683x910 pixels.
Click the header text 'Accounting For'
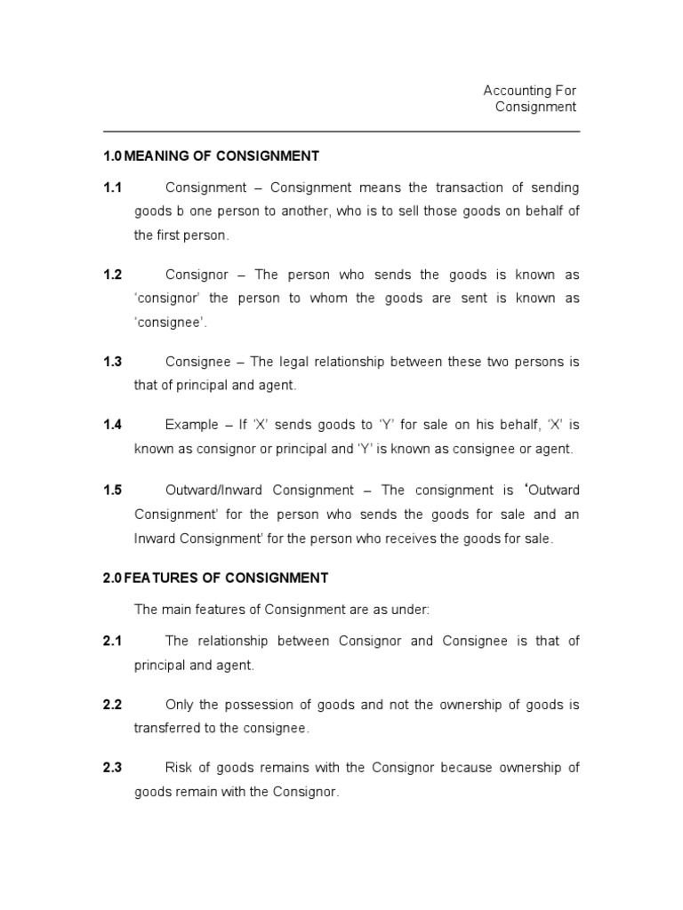point(529,91)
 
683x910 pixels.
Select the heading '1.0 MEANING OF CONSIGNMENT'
point(211,156)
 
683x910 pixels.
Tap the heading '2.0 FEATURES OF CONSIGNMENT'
point(215,578)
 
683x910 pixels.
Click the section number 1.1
point(112,188)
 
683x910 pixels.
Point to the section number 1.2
point(112,275)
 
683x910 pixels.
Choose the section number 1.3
point(112,362)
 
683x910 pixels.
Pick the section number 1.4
point(112,425)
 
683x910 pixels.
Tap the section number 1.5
point(112,491)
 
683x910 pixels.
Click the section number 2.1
point(112,641)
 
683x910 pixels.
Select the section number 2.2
point(112,705)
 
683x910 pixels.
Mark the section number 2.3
point(112,768)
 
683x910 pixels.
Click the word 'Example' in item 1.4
point(192,425)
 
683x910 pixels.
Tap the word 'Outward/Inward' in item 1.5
point(214,491)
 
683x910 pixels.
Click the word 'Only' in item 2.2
point(180,705)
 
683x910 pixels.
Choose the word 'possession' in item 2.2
point(259,705)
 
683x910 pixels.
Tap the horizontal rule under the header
point(341,132)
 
